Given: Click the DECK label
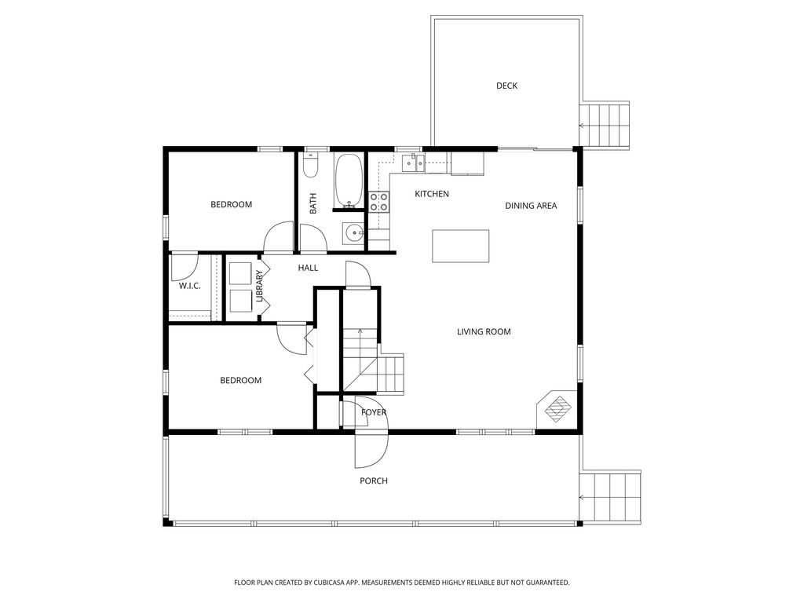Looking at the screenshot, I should coord(506,86).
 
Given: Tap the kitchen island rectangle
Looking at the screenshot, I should coord(461,247).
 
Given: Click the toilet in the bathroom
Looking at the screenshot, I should coord(311,170).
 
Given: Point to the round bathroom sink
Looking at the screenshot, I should coord(354,232).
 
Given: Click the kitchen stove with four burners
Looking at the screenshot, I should coord(379,202).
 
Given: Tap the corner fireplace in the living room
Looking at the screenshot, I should coord(558,408).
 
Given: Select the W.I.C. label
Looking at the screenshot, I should coord(189,286).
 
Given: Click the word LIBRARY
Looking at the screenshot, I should coord(259,287).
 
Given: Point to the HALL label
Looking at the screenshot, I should coord(308,268).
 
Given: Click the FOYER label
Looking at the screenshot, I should coord(374,412).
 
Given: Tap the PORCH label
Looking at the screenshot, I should coord(374,481).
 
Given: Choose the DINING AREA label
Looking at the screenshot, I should coord(531,206).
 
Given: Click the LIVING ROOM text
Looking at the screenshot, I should coord(484,331).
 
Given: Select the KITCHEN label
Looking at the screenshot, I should coord(432,194).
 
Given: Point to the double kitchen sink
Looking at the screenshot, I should coord(413,163).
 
